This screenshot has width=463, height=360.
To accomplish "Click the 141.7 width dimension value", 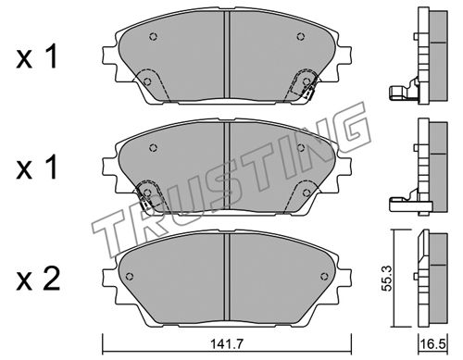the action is (x=227, y=343).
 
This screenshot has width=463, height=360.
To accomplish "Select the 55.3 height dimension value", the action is (x=387, y=278).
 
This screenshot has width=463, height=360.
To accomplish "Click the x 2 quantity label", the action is (x=38, y=279).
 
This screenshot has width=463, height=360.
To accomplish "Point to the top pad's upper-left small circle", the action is (x=154, y=37).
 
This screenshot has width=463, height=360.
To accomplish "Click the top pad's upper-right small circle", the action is (x=301, y=37).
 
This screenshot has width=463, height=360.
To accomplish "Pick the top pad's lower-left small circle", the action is (x=147, y=81).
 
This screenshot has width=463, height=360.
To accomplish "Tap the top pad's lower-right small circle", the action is (x=307, y=81).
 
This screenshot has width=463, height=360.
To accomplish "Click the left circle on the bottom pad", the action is (x=130, y=276).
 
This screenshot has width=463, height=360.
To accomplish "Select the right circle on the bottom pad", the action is (x=324, y=276).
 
